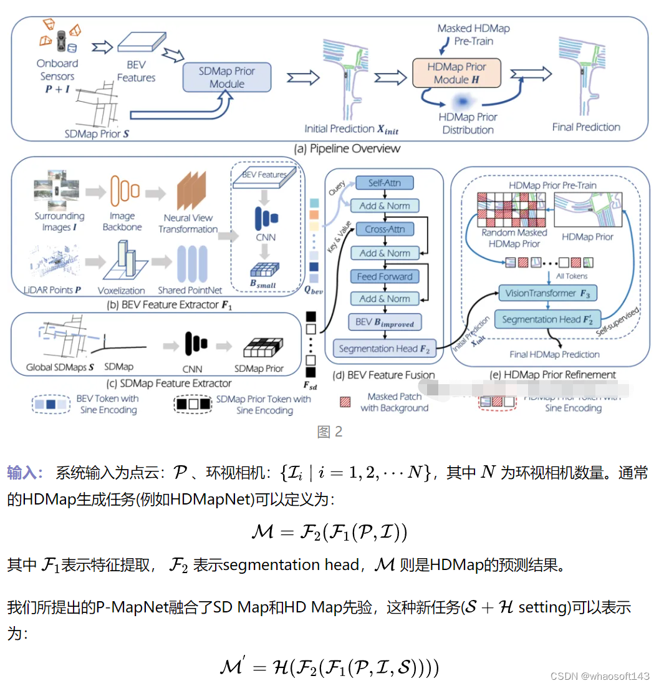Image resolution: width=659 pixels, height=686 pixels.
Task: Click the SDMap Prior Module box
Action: (227, 77)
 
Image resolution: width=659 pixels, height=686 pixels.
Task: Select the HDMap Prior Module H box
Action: (456, 73)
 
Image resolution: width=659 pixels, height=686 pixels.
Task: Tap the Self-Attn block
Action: (385, 183)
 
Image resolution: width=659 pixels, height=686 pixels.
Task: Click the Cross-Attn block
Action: (385, 229)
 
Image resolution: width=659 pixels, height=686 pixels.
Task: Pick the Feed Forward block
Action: (385, 276)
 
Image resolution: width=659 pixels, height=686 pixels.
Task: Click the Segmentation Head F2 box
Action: (385, 349)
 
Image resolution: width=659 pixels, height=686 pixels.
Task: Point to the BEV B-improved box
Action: (385, 322)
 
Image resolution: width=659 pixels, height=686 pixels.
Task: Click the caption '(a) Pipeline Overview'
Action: (347, 148)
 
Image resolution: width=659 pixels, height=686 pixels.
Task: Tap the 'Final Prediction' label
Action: (586, 127)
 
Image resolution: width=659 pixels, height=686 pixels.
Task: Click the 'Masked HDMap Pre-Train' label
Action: (473, 35)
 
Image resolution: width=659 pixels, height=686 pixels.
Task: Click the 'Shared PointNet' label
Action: (188, 291)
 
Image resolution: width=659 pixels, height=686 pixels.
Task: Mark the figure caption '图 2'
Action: (330, 432)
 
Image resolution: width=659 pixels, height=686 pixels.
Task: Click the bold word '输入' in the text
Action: (24, 473)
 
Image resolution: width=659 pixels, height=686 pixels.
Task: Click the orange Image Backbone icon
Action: (122, 190)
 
